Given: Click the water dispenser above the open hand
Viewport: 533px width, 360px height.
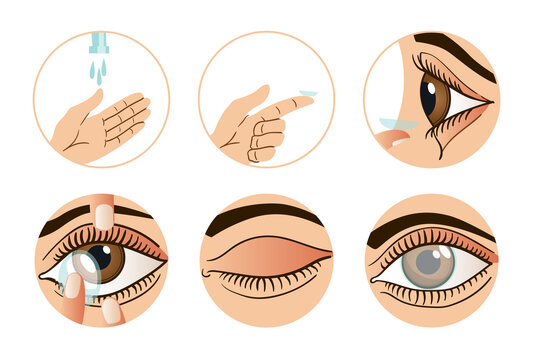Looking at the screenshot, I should click(99, 43).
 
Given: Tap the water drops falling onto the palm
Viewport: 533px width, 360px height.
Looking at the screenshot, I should click(98, 71).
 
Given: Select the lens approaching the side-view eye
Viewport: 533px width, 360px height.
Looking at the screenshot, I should click(397, 124).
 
